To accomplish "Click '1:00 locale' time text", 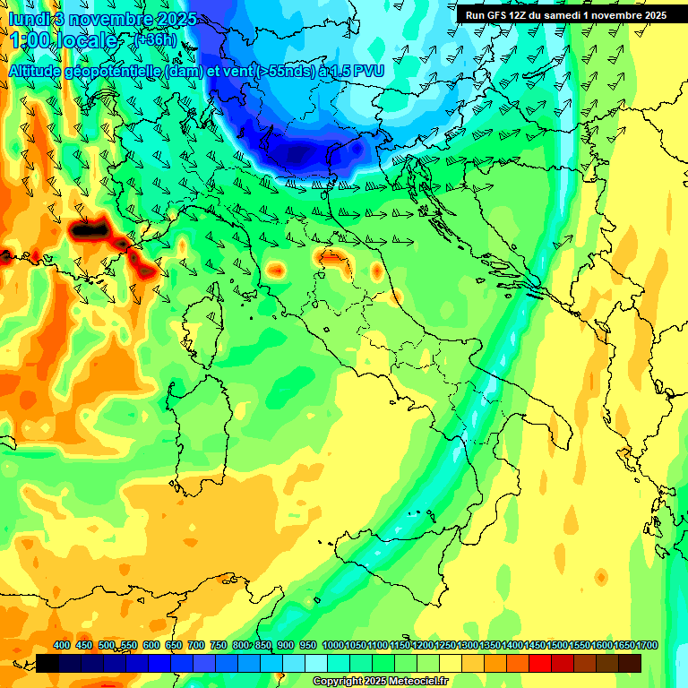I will (x=63, y=40).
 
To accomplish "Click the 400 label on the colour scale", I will (x=62, y=646).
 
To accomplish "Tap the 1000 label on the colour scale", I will (x=332, y=646).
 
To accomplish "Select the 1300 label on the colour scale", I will (x=467, y=646).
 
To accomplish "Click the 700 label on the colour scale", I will (x=196, y=646).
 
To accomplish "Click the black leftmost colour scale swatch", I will (x=47, y=663).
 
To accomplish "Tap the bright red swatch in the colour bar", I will (x=540, y=663).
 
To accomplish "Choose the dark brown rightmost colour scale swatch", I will (x=630, y=663).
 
